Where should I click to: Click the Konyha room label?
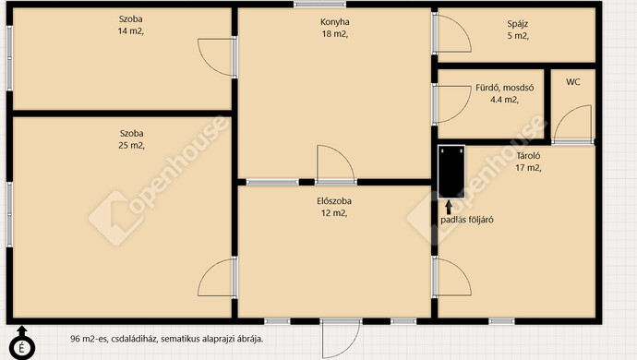[x=335, y=22]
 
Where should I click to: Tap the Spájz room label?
[x=518, y=24]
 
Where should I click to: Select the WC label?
[x=572, y=82]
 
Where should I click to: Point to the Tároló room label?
[x=528, y=156]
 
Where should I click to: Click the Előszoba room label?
[x=334, y=201]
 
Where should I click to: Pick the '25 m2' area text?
[x=131, y=146]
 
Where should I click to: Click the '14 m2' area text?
[x=131, y=31]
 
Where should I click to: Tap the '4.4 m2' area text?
[x=504, y=100]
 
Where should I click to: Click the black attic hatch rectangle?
[x=451, y=172]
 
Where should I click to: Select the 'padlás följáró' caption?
[x=467, y=220]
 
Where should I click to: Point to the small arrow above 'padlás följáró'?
[x=449, y=207]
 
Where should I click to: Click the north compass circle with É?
[x=21, y=348]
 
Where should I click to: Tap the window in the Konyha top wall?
[x=319, y=5]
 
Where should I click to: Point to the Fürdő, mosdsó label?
[x=505, y=88]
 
